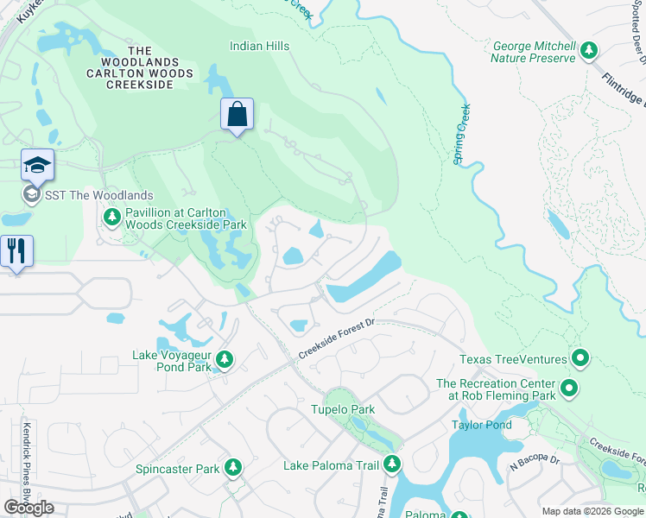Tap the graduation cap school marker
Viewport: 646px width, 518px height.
point(38,165)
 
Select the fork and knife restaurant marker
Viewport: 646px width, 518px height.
point(16,251)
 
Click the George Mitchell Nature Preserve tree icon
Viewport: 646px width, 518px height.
point(590,51)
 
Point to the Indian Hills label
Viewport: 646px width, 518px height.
point(259,46)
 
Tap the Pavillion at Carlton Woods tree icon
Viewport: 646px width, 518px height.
point(111,218)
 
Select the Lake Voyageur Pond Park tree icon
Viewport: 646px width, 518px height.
point(225,359)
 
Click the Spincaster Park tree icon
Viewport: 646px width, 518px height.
point(232,468)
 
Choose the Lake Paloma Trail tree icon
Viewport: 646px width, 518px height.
point(392,464)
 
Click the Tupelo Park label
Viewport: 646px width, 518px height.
point(343,409)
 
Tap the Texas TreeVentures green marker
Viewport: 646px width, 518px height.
point(580,358)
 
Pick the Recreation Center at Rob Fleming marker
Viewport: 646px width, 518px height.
point(568,389)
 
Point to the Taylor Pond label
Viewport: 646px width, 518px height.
point(481,425)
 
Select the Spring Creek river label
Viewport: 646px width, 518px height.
point(462,135)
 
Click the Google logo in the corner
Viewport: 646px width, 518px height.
point(28,508)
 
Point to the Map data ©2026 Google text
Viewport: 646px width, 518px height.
point(592,511)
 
